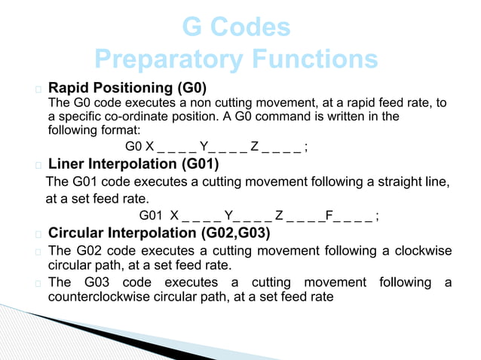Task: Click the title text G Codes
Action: coord(236,28)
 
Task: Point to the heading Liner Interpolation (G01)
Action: coord(133,163)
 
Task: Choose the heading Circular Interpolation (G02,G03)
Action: coord(158,233)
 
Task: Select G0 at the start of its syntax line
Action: coord(133,146)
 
